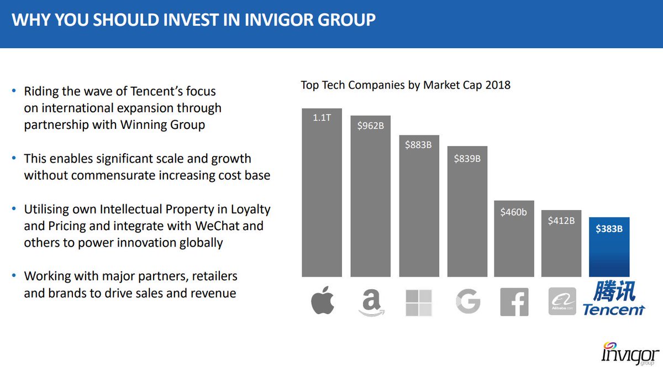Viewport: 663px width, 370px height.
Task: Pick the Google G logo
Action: click(x=467, y=302)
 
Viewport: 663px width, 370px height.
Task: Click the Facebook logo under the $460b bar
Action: click(x=514, y=302)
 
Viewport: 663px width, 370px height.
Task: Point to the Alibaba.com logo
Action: click(x=562, y=302)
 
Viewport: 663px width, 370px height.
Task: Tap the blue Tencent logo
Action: click(x=613, y=299)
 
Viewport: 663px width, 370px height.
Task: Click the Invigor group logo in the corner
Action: click(x=630, y=352)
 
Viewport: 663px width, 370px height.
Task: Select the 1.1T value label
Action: click(x=322, y=118)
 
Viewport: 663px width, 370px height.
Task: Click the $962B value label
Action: click(x=370, y=126)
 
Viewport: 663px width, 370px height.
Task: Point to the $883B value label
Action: click(x=418, y=145)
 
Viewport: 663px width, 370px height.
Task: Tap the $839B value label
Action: click(x=467, y=159)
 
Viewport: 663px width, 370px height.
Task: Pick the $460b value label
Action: click(x=513, y=212)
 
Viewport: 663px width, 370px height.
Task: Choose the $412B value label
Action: click(x=561, y=221)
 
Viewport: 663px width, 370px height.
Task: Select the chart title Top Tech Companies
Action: click(x=406, y=85)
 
